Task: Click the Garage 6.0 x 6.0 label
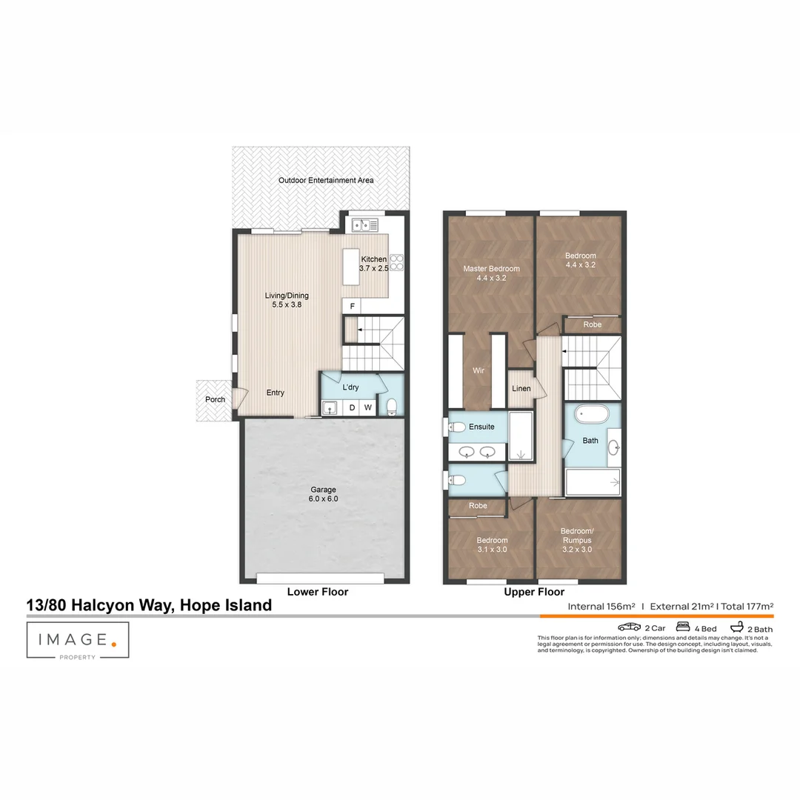323,494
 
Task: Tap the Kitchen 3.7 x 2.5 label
373,263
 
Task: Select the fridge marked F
352,306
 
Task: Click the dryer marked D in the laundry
352,407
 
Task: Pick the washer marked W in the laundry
367,407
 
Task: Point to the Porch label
215,400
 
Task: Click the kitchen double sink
364,224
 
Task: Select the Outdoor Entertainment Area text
326,180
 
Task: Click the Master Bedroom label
491,273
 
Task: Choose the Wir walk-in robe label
479,370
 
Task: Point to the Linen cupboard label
521,388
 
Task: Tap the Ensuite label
481,427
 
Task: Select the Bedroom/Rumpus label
578,536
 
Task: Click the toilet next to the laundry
391,405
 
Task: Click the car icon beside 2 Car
630,627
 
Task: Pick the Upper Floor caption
534,592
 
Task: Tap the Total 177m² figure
747,606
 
